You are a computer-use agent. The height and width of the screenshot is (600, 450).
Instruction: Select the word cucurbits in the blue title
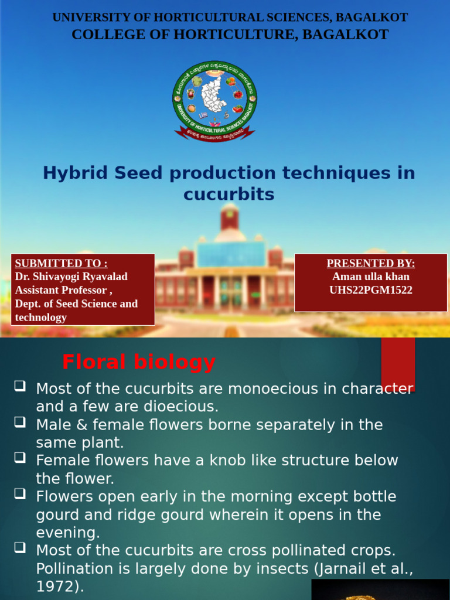tap(229, 195)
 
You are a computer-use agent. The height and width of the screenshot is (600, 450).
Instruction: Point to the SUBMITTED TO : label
tap(61, 263)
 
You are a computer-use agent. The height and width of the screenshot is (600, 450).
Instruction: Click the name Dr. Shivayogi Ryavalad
tap(71, 277)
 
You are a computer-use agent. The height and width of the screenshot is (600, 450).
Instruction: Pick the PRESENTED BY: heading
tap(370, 263)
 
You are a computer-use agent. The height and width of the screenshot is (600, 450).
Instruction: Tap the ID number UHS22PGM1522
tap(370, 290)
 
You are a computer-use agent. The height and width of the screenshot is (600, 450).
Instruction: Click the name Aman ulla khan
tap(370, 277)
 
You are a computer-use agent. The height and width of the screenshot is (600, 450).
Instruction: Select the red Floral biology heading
tap(139, 363)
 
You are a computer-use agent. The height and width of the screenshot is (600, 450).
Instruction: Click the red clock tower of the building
tap(229, 217)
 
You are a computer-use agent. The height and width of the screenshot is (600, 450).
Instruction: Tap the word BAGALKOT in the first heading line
tap(370, 18)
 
